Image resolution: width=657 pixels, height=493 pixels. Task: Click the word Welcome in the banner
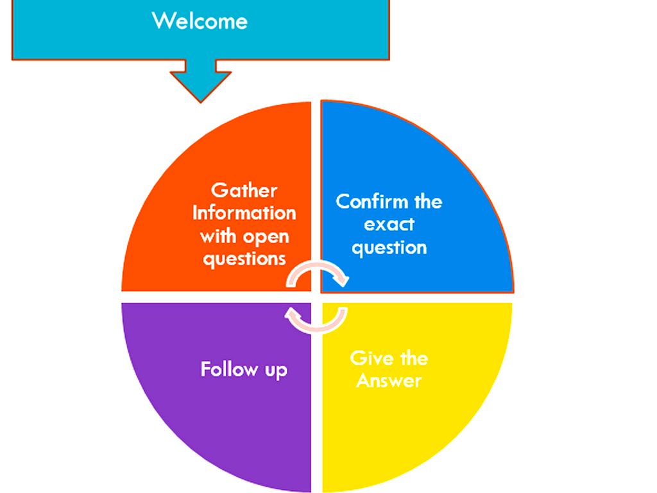tap(200, 21)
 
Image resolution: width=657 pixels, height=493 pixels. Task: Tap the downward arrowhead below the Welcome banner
tap(200, 84)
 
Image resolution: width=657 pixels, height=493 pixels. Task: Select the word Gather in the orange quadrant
tap(244, 190)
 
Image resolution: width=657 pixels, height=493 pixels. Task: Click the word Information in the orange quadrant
tap(244, 212)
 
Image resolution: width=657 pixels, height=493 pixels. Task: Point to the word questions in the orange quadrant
tap(244, 259)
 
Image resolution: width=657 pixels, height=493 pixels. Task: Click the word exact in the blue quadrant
tap(389, 225)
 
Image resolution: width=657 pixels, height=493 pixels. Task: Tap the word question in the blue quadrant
tap(389, 248)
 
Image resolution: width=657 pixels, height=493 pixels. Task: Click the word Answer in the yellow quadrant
tap(389, 380)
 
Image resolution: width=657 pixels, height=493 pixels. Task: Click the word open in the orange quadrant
tap(266, 236)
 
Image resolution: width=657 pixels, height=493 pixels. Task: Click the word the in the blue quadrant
tap(427, 202)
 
